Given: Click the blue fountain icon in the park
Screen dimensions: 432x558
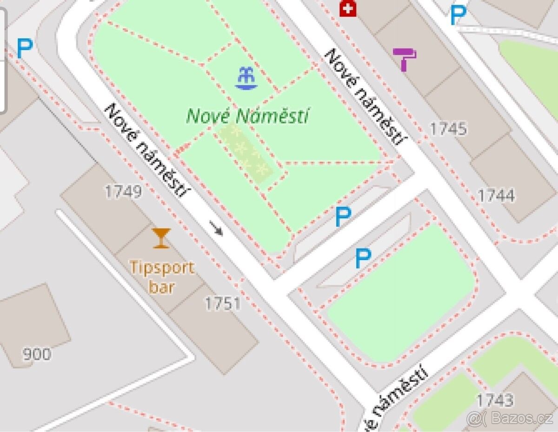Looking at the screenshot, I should coord(246,79).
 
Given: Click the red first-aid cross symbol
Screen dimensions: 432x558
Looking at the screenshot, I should coord(347,8).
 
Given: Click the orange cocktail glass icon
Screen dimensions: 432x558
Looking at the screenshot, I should coord(161,238).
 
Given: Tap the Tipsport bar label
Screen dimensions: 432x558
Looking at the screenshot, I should coord(162,277).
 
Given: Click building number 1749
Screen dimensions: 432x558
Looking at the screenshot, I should coord(123,191).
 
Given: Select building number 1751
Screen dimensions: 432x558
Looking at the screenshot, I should coord(223,304).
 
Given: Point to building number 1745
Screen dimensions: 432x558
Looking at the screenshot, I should coord(448,129).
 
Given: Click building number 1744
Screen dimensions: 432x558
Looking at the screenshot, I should coord(496,196).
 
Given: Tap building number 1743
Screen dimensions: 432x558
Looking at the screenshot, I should coord(495,400).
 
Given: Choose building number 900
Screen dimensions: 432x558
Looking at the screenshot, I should coord(37,354).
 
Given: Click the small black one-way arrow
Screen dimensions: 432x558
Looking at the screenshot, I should coord(216,228).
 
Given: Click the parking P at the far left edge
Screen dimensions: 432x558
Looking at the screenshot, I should coord(25,48).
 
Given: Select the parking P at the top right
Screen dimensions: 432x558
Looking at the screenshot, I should coord(458,15).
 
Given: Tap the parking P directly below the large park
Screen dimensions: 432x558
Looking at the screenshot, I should coord(343,217).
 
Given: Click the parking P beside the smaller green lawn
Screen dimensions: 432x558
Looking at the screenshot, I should coord(363,258).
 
